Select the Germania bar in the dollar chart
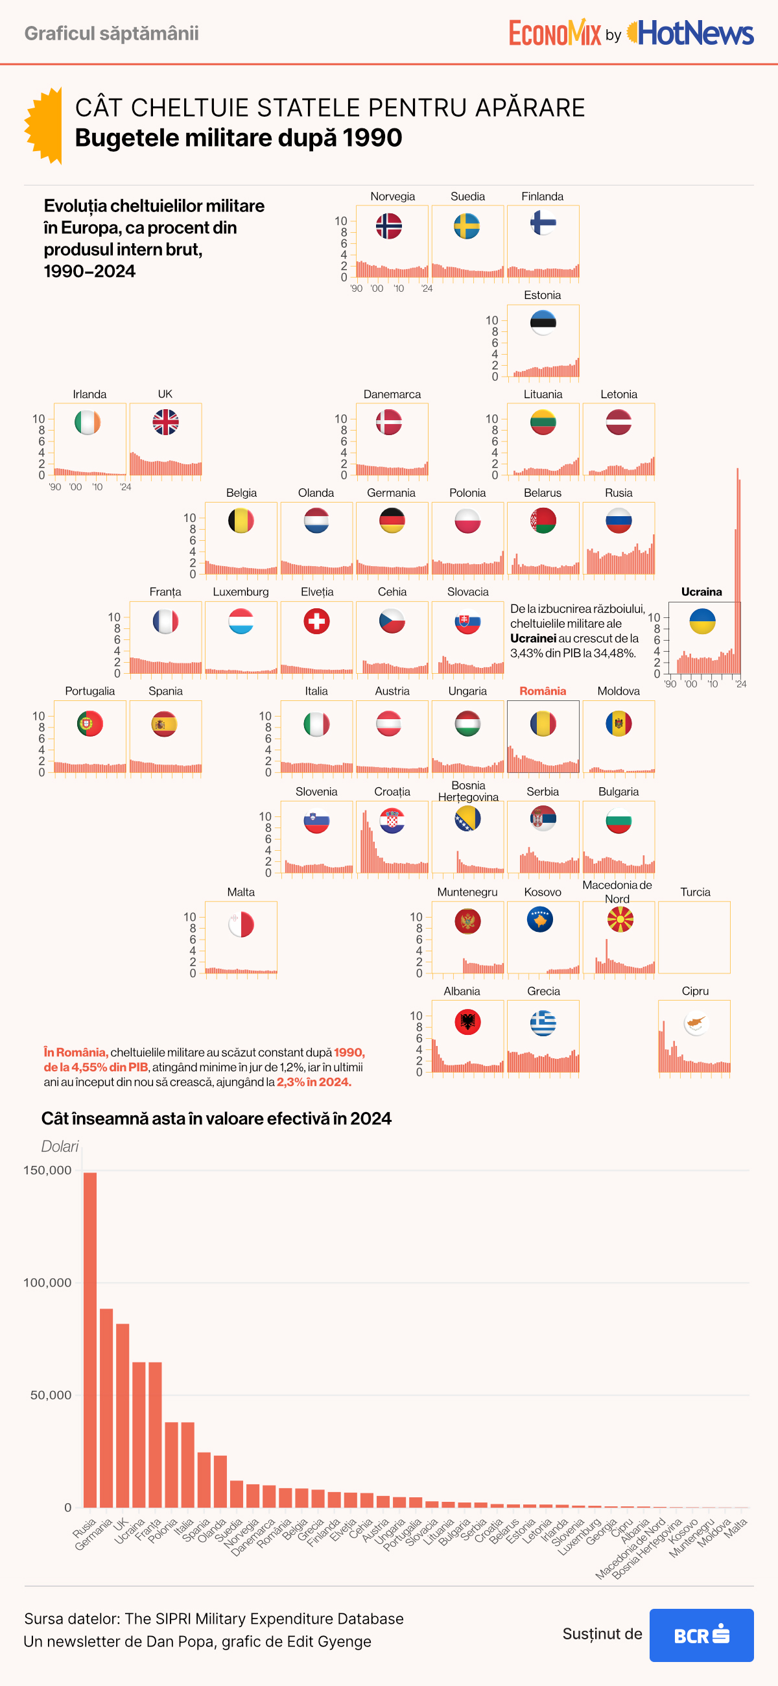pos(106,1407)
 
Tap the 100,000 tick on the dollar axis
pos(47,1282)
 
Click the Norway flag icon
pos(388,226)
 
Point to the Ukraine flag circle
pos(702,621)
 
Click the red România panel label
pos(543,691)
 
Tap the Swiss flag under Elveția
pos(316,621)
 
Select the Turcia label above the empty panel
pos(695,892)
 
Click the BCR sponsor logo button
pos(701,1635)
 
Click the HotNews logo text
pos(696,32)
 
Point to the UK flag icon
pos(165,422)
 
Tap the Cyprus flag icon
pos(696,1023)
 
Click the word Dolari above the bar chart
pos(60,1146)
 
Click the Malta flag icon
pos(241,924)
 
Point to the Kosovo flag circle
pos(540,920)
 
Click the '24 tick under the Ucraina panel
pos(740,684)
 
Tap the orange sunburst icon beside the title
pos(45,125)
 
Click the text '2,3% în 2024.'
pos(314,1082)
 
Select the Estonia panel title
pos(543,295)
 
